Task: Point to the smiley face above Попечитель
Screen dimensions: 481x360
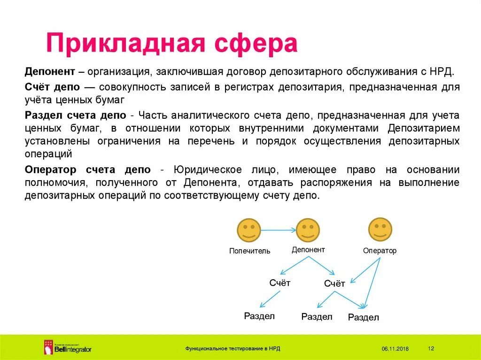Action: (x=248, y=230)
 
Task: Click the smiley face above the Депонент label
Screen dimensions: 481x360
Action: (x=308, y=230)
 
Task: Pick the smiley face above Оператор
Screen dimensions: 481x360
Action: (x=380, y=230)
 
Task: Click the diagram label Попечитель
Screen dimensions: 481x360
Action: (x=249, y=251)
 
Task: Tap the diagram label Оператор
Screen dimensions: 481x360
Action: (x=380, y=251)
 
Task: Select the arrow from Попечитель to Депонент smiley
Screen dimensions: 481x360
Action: (x=278, y=230)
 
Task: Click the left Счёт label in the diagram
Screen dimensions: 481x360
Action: (x=280, y=283)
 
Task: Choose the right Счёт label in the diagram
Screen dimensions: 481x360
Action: (x=334, y=283)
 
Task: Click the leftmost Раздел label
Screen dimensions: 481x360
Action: (x=259, y=316)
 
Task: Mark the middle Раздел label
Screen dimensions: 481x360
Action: (x=317, y=317)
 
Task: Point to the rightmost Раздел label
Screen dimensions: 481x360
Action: (x=363, y=318)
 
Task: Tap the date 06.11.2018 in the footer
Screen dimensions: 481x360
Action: (x=395, y=349)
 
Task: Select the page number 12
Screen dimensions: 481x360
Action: (x=432, y=348)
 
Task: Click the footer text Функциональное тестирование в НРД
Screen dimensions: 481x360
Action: (x=233, y=349)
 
